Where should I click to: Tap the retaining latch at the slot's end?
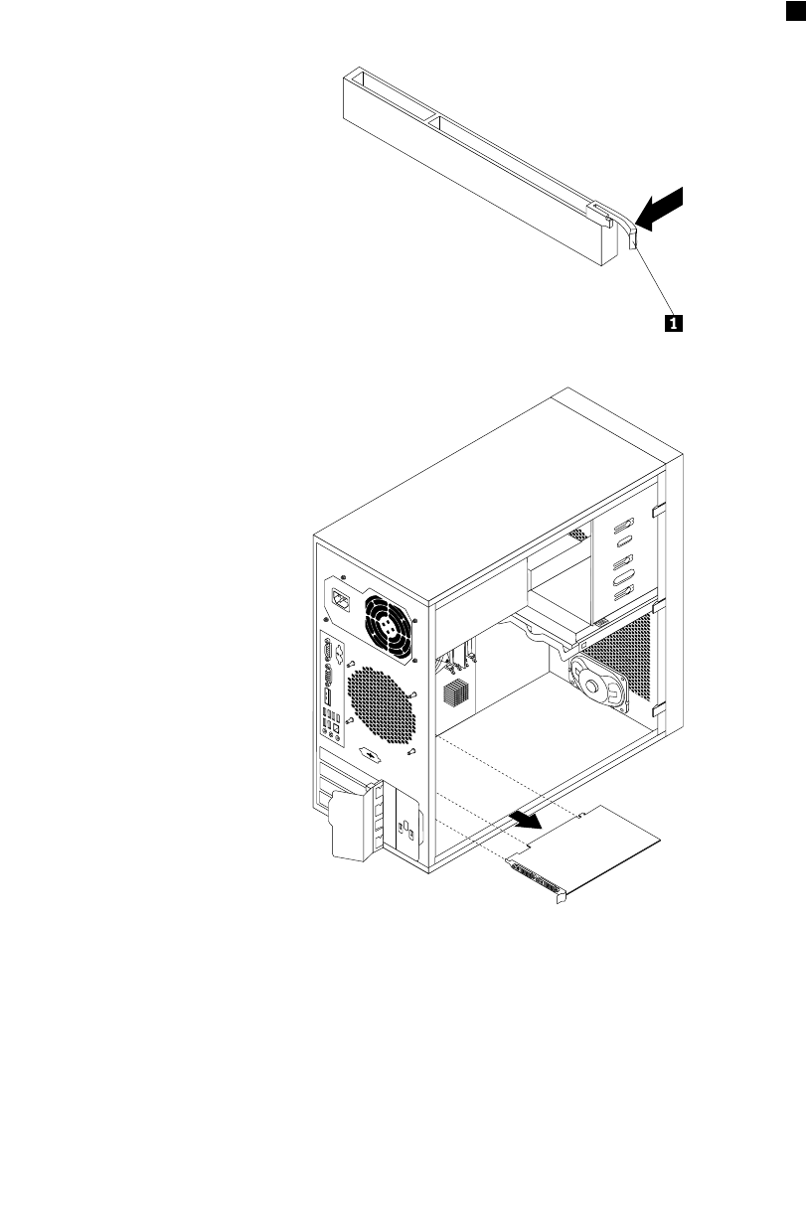coord(635,236)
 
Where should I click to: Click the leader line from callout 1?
coord(655,282)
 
